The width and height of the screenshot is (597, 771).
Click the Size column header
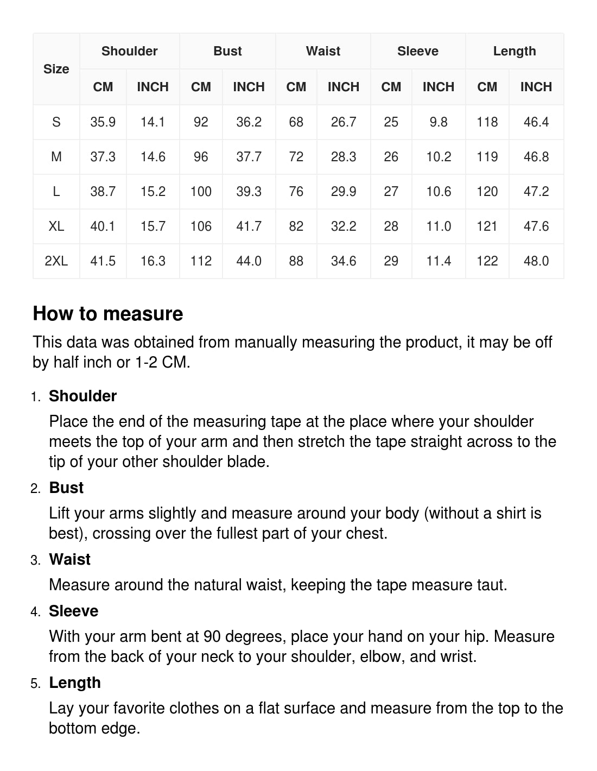point(56,69)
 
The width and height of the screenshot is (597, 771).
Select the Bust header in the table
point(227,51)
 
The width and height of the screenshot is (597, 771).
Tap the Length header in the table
point(515,51)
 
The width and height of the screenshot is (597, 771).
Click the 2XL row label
point(56,261)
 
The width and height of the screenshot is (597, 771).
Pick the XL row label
point(56,226)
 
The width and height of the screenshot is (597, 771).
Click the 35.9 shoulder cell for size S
point(103,122)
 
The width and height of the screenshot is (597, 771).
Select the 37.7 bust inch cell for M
point(249,157)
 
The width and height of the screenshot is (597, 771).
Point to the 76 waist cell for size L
point(296,192)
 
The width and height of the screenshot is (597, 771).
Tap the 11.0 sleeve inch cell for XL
point(439,226)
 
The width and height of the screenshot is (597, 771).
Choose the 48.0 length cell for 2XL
point(536,261)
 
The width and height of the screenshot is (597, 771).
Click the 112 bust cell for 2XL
point(201,261)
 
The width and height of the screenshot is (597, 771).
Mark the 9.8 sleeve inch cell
point(439,122)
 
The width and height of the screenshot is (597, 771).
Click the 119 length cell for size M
point(487,157)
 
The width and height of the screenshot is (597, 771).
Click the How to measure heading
point(108,314)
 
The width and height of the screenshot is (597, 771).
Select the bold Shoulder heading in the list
point(82,396)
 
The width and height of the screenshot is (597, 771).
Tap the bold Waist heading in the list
point(69,559)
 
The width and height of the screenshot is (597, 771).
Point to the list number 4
point(35,612)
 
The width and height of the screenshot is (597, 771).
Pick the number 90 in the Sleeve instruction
point(212,636)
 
